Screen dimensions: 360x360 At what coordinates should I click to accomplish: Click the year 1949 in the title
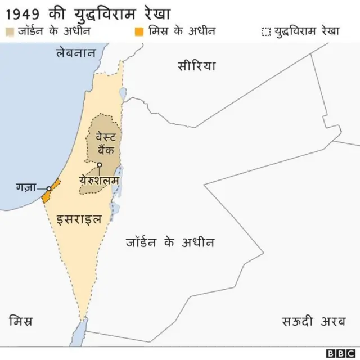tap(24, 11)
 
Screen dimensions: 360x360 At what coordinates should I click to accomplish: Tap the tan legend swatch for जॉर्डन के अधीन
tap(8, 31)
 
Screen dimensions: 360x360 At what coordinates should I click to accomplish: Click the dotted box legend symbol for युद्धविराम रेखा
tap(266, 31)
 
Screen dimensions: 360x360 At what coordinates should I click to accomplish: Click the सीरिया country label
tap(196, 65)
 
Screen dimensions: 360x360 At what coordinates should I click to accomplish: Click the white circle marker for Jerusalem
tap(99, 165)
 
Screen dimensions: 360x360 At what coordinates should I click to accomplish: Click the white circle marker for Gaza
tap(49, 188)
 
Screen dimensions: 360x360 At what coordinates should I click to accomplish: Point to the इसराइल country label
tap(79, 219)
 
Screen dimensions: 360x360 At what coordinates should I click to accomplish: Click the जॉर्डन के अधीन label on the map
tap(169, 242)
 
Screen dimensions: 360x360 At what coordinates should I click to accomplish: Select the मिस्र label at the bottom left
tap(21, 322)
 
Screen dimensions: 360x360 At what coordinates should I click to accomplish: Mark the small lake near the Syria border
tap(123, 93)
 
